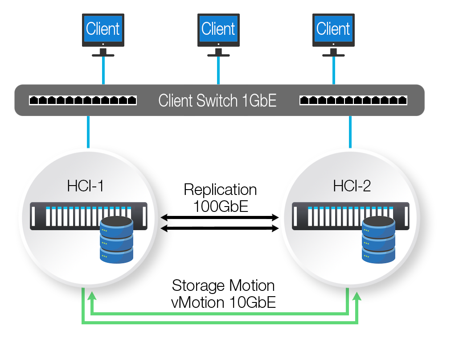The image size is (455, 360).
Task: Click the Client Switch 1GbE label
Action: click(x=217, y=100)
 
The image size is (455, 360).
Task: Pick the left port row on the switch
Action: click(x=83, y=100)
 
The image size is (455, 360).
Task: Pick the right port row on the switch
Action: click(x=353, y=100)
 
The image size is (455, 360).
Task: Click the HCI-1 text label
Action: click(x=86, y=186)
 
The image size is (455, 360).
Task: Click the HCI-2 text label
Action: click(x=352, y=186)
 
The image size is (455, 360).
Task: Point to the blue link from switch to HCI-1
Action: click(x=88, y=132)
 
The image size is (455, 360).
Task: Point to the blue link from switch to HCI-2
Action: click(x=350, y=132)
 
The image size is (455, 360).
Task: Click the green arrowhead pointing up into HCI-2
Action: click(x=357, y=297)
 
